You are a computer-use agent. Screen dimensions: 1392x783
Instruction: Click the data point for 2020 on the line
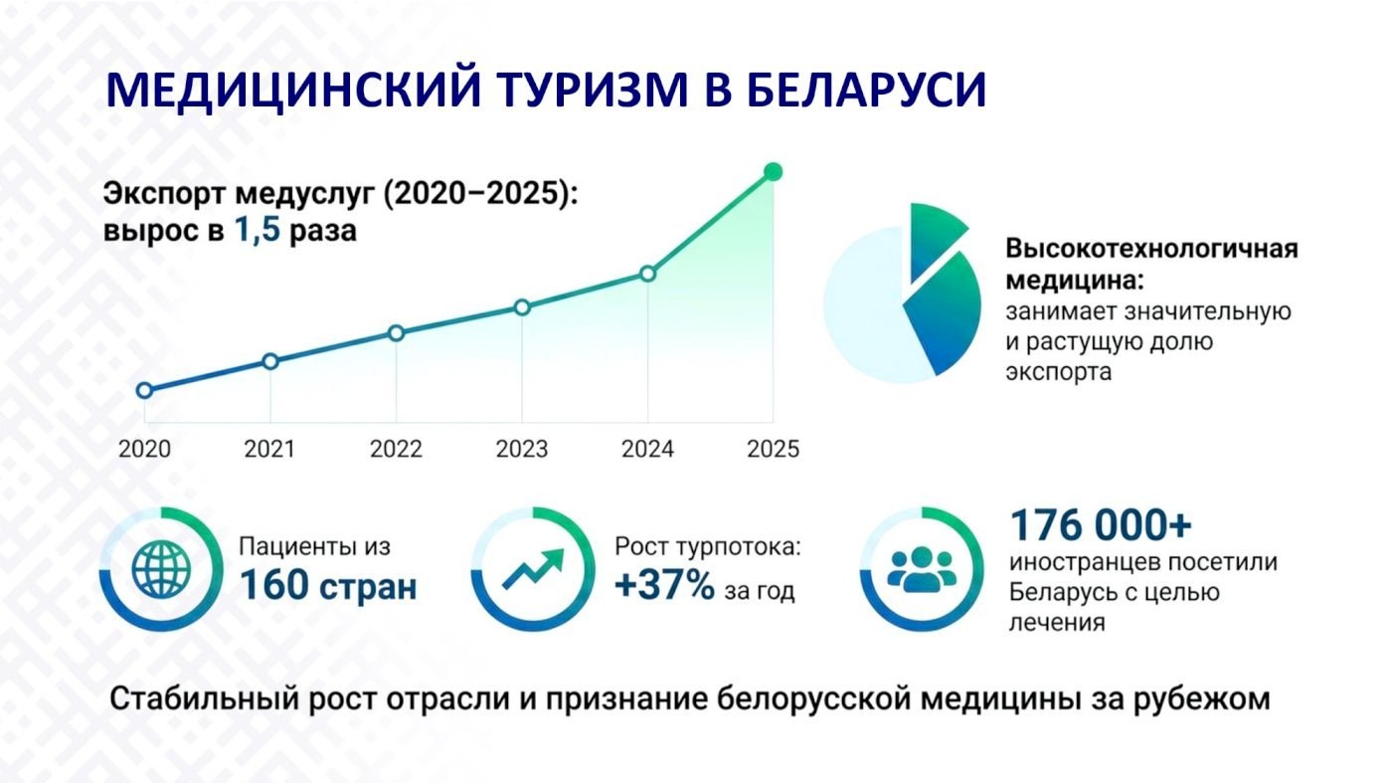[145, 391]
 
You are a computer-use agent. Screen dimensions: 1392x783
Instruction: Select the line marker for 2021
[270, 361]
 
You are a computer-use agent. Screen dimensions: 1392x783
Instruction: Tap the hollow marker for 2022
[396, 333]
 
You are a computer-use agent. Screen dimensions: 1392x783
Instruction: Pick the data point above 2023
[522, 307]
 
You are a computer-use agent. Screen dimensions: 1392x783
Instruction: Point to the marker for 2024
[647, 274]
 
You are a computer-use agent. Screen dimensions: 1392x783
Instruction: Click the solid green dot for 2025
[774, 172]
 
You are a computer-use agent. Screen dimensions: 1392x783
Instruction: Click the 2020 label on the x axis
[144, 449]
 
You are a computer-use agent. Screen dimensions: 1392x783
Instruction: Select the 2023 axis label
[522, 449]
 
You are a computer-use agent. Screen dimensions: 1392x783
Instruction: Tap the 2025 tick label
[774, 449]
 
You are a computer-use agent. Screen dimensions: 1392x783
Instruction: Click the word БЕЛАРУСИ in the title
[866, 91]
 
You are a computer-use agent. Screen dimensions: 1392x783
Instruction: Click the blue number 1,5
[258, 230]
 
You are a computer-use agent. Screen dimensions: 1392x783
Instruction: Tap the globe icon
[161, 570]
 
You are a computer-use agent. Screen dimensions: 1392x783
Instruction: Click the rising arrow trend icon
[533, 568]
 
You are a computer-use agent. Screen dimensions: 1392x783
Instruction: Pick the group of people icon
[922, 569]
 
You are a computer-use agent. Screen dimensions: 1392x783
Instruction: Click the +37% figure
[664, 585]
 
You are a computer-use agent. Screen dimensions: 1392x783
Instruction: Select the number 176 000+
[1101, 525]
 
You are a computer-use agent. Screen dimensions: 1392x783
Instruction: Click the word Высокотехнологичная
[1152, 249]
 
